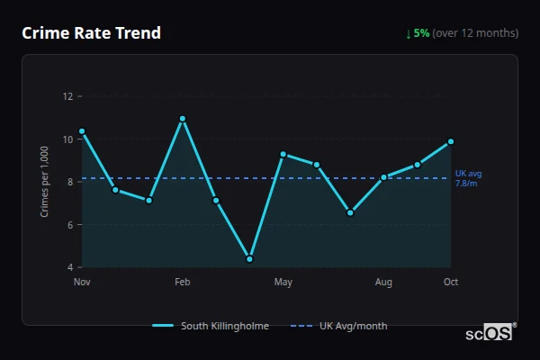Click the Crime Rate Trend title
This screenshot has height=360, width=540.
click(x=92, y=33)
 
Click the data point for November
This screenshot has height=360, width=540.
click(x=82, y=131)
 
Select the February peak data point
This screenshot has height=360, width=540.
click(x=183, y=119)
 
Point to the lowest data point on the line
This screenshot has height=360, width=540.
click(x=249, y=259)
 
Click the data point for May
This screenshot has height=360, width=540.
click(x=283, y=155)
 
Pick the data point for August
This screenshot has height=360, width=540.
click(x=384, y=177)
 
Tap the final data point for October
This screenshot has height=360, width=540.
click(x=451, y=141)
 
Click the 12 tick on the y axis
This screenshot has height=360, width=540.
click(x=67, y=96)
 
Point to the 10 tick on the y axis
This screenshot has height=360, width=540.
click(x=67, y=139)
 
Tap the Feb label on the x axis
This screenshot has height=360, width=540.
click(x=183, y=283)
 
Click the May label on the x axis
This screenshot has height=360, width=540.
click(x=283, y=283)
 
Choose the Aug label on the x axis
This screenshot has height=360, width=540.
click(x=384, y=283)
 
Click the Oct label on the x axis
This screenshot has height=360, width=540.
click(x=451, y=283)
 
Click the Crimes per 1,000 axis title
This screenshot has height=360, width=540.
click(x=45, y=181)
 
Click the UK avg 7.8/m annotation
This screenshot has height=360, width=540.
click(x=468, y=178)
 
